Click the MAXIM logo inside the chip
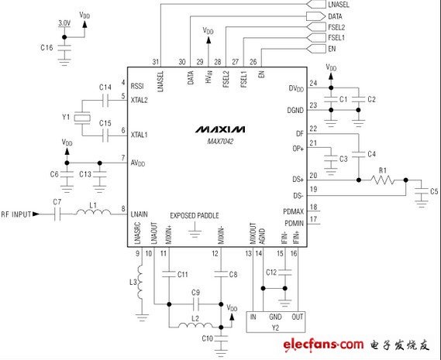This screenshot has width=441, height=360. click(x=220, y=129)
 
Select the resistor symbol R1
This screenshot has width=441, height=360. click(x=383, y=180)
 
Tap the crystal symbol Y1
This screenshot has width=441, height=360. click(x=82, y=118)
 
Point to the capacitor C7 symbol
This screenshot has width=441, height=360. click(x=57, y=214)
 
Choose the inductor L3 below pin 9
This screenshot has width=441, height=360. click(x=140, y=282)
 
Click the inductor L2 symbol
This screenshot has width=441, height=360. click(x=195, y=325)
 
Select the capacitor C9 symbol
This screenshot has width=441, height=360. click(x=196, y=304)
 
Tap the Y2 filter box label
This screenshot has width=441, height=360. click(x=275, y=328)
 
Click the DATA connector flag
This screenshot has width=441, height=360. click(x=315, y=16)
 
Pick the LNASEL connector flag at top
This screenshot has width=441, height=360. click(x=315, y=4)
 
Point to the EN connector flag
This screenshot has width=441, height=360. click(x=315, y=49)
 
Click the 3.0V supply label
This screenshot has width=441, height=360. click(x=64, y=23)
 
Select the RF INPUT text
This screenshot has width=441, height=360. click(x=16, y=214)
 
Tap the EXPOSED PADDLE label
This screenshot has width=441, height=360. click(x=195, y=215)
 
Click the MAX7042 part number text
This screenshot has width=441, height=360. click(x=220, y=142)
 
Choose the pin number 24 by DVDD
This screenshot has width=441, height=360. click(x=313, y=83)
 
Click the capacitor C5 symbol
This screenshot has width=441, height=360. click(x=422, y=191)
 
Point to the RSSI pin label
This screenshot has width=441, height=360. click(x=137, y=86)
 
